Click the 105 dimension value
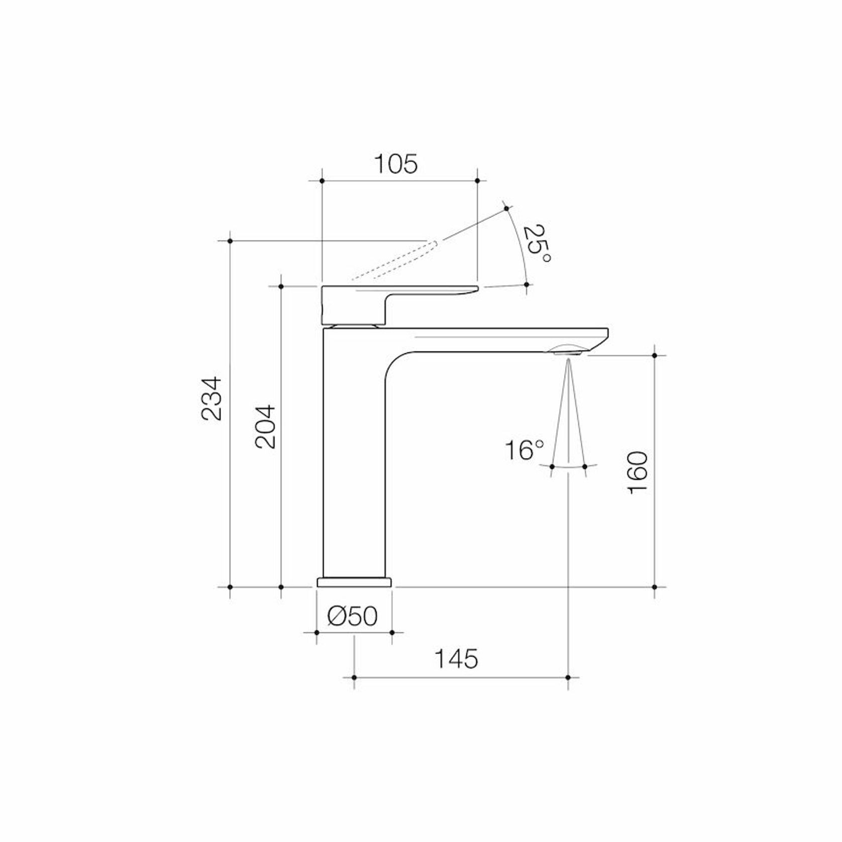396,164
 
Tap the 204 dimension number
265,427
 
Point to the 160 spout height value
638,472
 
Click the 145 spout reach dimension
456,659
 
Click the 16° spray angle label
524,450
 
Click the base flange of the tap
354,582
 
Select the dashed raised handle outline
394,261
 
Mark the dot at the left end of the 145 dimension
354,677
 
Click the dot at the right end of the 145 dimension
568,677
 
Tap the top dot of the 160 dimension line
655,355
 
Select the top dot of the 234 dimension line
230,241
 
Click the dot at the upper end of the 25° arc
506,207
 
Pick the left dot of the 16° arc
552,467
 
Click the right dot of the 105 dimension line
477,180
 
